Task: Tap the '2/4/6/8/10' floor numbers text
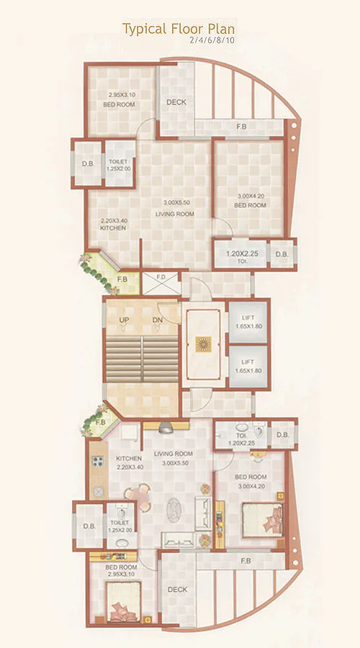point(212,41)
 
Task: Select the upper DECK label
point(176,102)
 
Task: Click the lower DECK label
point(177,590)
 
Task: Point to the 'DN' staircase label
point(158,320)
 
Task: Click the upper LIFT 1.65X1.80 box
point(248,321)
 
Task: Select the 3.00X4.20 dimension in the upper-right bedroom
point(251,196)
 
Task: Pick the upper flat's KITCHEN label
point(114,228)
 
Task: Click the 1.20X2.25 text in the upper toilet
point(241,254)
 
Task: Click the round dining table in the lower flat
point(137,495)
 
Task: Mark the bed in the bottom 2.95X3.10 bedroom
point(120,605)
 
